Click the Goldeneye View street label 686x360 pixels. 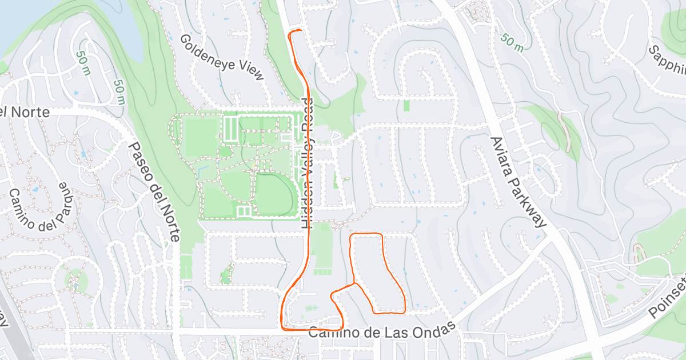(222, 57)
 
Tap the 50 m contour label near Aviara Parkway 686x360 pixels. (512, 43)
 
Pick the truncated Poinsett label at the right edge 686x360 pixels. (668, 301)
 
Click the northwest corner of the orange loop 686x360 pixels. (351, 235)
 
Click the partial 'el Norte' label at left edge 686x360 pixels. (26, 112)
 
